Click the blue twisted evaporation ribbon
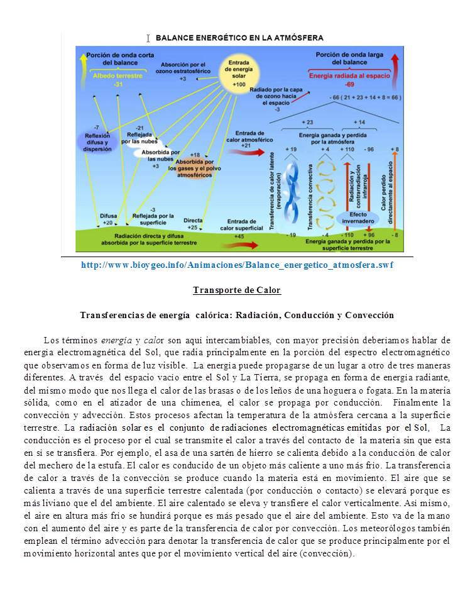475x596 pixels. (x=291, y=189)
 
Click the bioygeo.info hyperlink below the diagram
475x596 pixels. (x=237, y=265)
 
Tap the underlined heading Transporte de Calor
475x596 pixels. (x=236, y=290)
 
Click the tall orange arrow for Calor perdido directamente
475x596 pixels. (x=395, y=189)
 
